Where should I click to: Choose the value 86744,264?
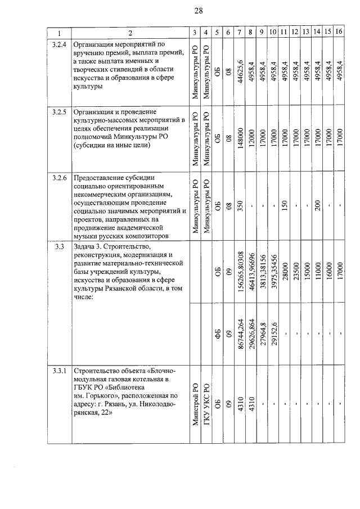tap(241, 336)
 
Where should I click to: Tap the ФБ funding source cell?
tap(217, 336)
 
